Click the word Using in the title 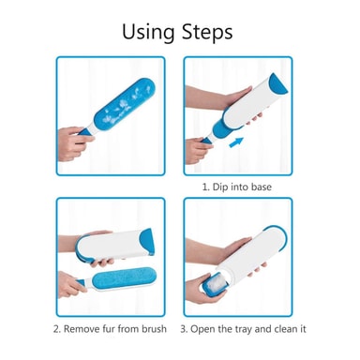pyautogui.click(x=148, y=32)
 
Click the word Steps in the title pyautogui.click(x=207, y=32)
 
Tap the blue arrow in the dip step pyautogui.click(x=235, y=142)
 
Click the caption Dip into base pyautogui.click(x=237, y=187)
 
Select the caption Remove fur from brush pyautogui.click(x=110, y=329)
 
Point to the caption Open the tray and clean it pyautogui.click(x=243, y=329)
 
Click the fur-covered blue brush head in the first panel pyautogui.click(x=124, y=105)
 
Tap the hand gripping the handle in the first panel pyautogui.click(x=75, y=143)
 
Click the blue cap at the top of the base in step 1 pyautogui.click(x=278, y=83)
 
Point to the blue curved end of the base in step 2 pyautogui.click(x=147, y=241)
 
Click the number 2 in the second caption pyautogui.click(x=56, y=329)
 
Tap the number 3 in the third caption pyautogui.click(x=183, y=329)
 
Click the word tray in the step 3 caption pyautogui.click(x=242, y=329)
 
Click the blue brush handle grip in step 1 pyautogui.click(x=207, y=141)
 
